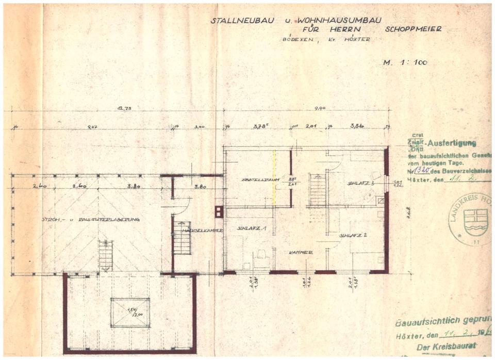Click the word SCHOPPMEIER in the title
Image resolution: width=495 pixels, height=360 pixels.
pos(413,29)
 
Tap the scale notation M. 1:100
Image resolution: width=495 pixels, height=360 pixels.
pos(405,62)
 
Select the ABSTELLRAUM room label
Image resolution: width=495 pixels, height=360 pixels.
pos(258,179)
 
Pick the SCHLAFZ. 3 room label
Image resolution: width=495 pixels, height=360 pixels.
pos(360,183)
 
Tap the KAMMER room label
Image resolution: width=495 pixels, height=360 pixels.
pos(301,252)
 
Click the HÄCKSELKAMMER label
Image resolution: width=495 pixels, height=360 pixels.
pos(202,230)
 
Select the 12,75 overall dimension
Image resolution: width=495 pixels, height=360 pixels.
pos(123,109)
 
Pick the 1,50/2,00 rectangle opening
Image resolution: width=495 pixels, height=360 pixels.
pos(129,312)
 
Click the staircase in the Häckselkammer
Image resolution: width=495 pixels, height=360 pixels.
pos(182,238)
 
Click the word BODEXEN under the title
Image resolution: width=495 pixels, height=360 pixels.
pos(295,40)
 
